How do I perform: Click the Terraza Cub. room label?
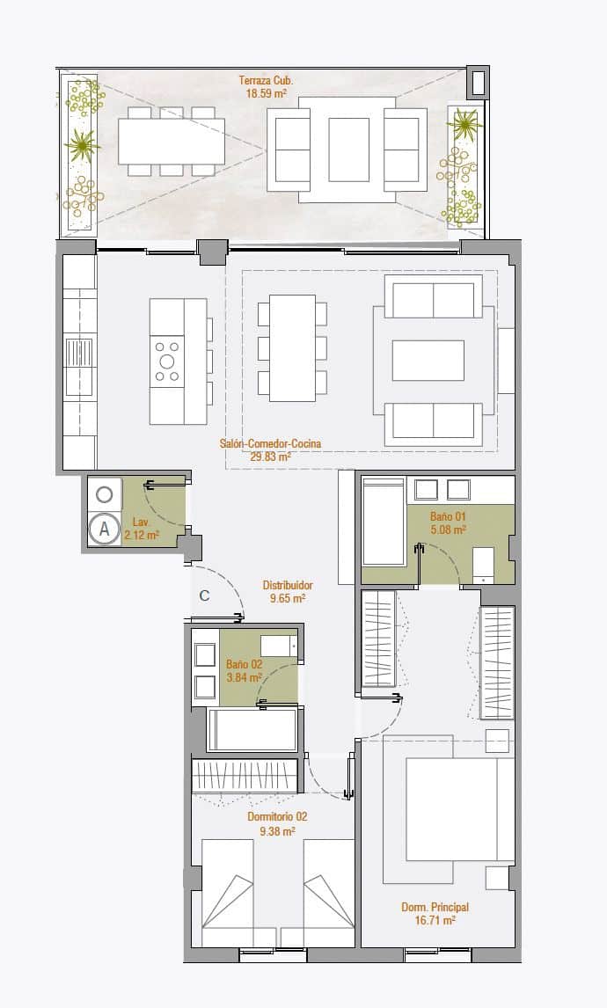266,80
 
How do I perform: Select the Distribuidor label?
288,585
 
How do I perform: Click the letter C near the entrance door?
204,595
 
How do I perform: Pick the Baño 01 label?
448,517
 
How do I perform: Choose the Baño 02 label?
244,664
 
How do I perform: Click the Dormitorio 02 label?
277,816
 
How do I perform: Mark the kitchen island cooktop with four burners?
167,360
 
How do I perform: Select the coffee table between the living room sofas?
428,359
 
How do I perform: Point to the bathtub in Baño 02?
252,730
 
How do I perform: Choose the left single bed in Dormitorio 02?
233,893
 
